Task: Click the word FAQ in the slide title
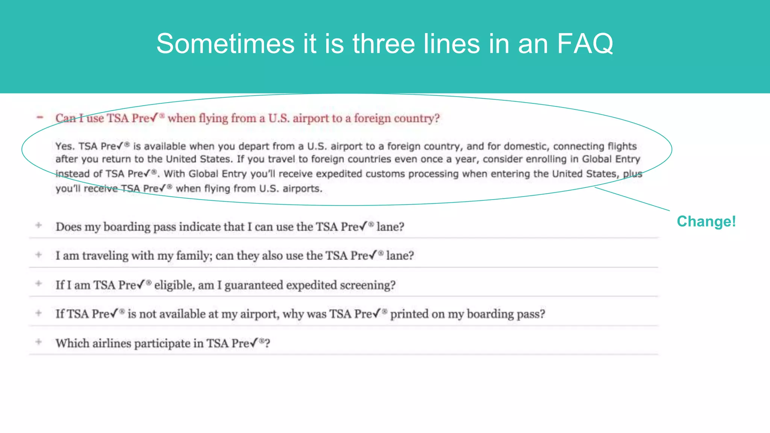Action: point(585,44)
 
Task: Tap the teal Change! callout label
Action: point(706,221)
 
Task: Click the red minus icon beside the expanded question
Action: point(40,117)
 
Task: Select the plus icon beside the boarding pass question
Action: point(38,225)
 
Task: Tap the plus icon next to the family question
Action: point(38,254)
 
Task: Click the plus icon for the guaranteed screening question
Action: point(38,283)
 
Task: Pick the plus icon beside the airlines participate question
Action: point(38,342)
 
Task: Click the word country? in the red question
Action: point(417,118)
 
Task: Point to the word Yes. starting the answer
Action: point(65,146)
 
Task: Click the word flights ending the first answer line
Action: point(622,146)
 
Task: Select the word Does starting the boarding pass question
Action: point(68,227)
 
